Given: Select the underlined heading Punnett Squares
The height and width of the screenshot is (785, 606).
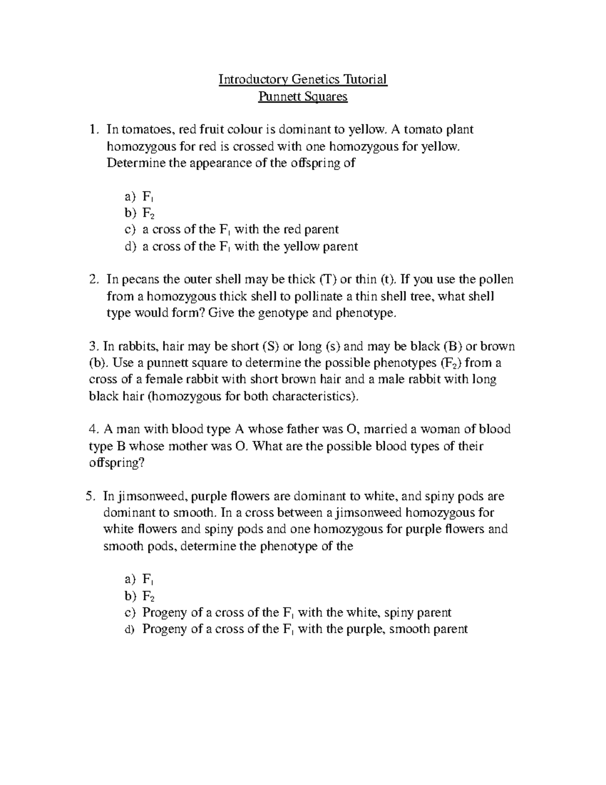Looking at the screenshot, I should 302,96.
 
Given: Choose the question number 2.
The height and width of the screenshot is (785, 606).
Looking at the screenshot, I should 92,280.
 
